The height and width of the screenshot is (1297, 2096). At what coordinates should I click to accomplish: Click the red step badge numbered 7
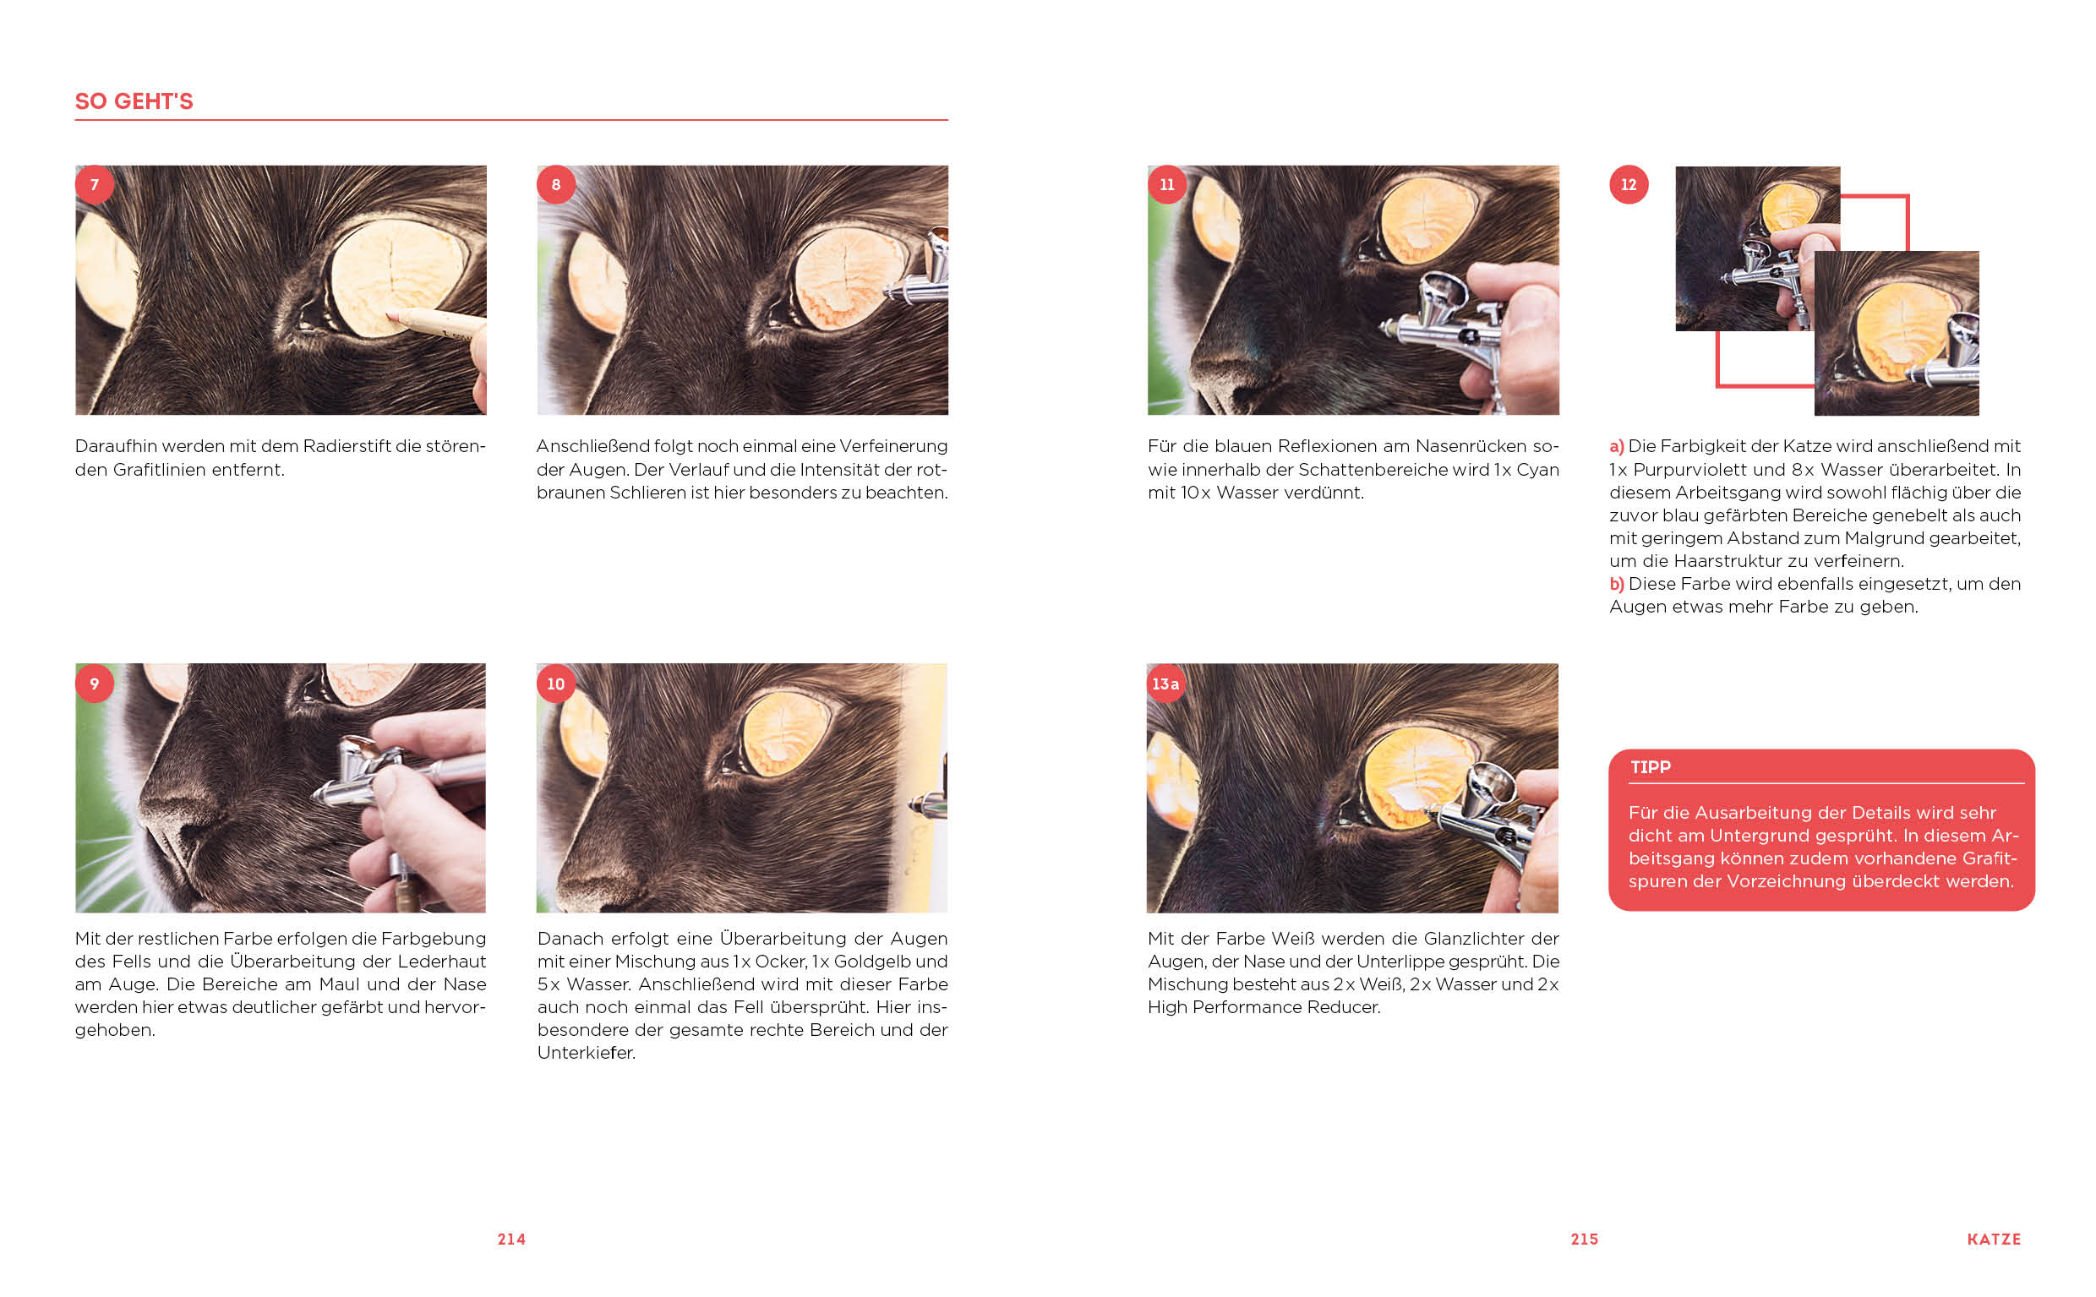(x=95, y=184)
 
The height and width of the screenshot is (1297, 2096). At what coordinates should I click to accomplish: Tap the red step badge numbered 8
(x=556, y=184)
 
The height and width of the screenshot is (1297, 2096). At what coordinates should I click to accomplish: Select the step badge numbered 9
(x=95, y=684)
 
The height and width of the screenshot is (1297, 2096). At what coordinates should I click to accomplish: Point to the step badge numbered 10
(x=556, y=684)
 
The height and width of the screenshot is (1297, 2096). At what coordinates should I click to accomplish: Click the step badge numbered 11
(x=1167, y=184)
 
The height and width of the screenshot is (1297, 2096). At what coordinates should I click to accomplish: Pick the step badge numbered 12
(x=1629, y=184)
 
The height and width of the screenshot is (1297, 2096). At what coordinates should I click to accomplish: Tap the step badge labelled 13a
(x=1166, y=684)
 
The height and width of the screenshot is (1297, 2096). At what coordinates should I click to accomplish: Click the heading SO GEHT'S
(x=134, y=101)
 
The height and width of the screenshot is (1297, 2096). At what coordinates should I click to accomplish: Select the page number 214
(x=511, y=1240)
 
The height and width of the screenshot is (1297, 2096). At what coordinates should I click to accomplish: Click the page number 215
(x=1585, y=1240)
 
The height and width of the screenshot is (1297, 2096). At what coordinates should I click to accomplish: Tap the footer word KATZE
(x=1994, y=1240)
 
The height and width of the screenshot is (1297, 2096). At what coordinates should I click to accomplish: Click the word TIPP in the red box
(x=1650, y=767)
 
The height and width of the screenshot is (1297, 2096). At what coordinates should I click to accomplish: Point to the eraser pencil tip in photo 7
(x=391, y=317)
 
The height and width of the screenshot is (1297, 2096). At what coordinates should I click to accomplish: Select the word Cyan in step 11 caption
(x=1537, y=469)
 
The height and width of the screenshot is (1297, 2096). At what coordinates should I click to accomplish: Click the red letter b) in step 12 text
(x=1617, y=583)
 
